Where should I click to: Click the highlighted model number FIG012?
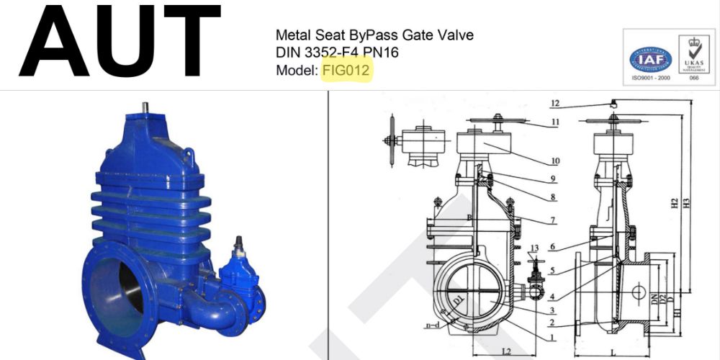346,71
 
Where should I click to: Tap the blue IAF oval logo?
650,58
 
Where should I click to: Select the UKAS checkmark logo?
694,55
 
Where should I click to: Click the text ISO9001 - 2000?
650,78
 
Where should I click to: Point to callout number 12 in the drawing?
555,103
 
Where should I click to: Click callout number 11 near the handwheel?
555,122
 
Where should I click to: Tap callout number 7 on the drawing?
555,220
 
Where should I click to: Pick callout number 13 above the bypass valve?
534,248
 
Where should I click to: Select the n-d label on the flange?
432,325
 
